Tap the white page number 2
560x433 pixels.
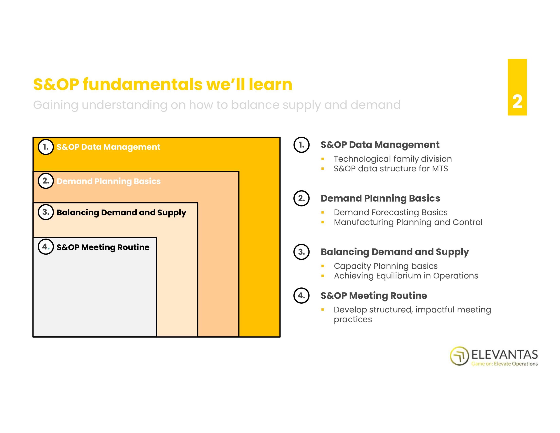click(517, 102)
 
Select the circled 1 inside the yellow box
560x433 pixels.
click(46, 147)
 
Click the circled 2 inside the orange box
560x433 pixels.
click(46, 181)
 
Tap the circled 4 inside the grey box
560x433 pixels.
click(46, 247)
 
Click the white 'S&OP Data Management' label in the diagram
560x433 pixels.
click(108, 147)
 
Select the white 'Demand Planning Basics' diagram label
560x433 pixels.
click(108, 181)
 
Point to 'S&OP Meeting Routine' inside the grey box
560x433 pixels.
click(103, 247)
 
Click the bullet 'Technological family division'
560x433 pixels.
click(393, 159)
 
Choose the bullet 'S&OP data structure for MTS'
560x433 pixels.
click(391, 168)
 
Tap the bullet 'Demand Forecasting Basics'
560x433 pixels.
click(390, 212)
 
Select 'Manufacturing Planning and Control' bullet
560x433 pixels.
click(408, 222)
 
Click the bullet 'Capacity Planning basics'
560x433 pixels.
click(386, 266)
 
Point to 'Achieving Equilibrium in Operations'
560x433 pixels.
click(406, 276)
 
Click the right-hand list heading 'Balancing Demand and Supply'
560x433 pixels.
click(395, 252)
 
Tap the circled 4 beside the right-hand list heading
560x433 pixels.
click(301, 296)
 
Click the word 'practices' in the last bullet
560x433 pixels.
click(353, 319)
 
